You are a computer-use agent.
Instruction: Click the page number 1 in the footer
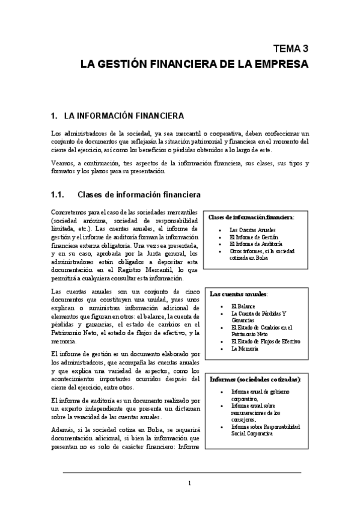(x=189, y=483)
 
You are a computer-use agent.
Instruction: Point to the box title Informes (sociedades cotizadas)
(x=255, y=379)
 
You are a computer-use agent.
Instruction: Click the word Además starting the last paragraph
(x=64, y=431)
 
